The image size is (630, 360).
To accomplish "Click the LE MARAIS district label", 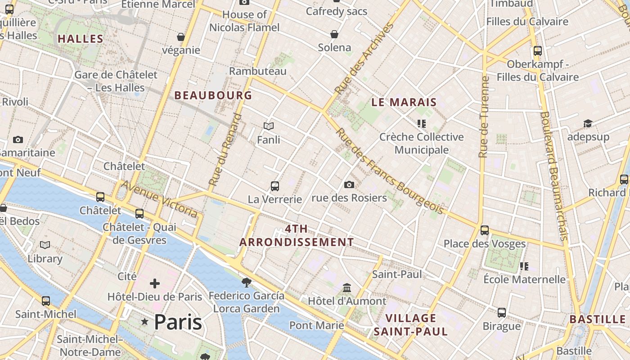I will [x=404, y=102].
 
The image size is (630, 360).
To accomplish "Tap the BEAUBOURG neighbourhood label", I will [x=213, y=95].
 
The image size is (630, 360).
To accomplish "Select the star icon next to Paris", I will [x=144, y=322].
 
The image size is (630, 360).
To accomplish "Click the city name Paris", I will [x=178, y=322].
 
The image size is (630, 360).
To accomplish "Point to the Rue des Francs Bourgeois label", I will [x=390, y=171].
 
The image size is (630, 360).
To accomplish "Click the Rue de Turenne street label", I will [x=484, y=117].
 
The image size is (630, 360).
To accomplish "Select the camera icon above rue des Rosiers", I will [x=349, y=184].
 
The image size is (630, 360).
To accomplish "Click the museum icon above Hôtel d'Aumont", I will [x=346, y=288].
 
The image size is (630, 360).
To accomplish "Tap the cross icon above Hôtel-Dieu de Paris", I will [x=154, y=283].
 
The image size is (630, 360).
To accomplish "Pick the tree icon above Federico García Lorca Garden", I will [x=246, y=282].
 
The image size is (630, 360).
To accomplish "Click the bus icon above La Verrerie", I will [x=274, y=186].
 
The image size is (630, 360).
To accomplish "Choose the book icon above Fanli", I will [x=269, y=126].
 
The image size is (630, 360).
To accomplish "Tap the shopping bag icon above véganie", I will [x=181, y=36].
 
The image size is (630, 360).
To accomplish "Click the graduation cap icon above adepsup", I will [x=588, y=123].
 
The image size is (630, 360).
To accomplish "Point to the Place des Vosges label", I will [x=484, y=244].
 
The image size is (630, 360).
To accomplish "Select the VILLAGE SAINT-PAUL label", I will [x=411, y=325].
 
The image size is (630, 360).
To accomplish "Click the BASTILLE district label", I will [x=597, y=319].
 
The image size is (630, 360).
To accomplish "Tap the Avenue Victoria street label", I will [x=159, y=199].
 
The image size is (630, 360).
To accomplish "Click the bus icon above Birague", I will [x=502, y=312].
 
